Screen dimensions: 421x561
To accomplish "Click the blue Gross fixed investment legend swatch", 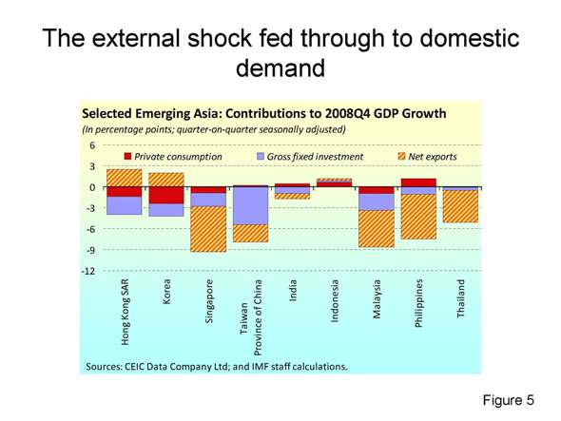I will [262, 156].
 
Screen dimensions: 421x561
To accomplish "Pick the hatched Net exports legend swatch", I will [401, 156].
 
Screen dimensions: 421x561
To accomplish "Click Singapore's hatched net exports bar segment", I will [208, 229].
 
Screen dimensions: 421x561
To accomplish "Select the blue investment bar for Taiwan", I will [250, 205].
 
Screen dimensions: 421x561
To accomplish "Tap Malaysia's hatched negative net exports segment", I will [377, 228].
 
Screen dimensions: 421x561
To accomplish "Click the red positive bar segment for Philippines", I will [418, 182].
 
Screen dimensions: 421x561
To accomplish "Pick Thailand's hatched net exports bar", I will [460, 206].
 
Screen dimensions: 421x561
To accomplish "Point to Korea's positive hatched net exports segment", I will [166, 180].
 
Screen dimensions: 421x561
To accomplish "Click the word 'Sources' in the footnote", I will [107, 365].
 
